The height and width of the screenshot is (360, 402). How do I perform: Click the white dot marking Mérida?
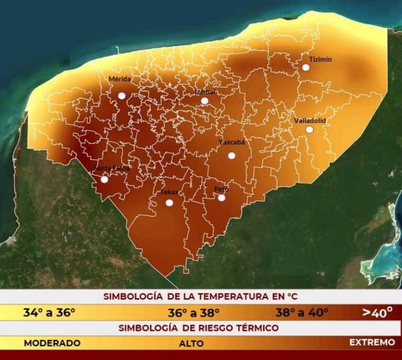click(x=121, y=96)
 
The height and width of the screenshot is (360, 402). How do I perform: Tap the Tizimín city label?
click(x=320, y=59)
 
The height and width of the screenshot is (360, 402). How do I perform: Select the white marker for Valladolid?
click(x=309, y=129)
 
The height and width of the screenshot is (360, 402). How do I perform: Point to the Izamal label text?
click(x=205, y=92)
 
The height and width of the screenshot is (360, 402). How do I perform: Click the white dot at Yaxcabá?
click(x=231, y=155)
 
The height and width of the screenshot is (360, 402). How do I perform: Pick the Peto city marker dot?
click(x=221, y=198)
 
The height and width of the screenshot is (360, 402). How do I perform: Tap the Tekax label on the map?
click(x=169, y=193)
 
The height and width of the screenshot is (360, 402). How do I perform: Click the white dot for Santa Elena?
click(x=104, y=179)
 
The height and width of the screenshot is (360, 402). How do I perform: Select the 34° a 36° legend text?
click(x=49, y=312)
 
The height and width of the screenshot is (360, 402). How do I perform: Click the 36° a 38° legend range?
click(x=193, y=312)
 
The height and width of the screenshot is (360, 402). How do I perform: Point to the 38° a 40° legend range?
click(x=302, y=312)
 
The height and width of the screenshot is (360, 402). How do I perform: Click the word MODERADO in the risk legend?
click(x=52, y=343)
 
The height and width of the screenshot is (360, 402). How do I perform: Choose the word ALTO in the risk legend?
click(x=191, y=344)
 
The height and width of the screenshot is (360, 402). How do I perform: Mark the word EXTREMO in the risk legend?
click(x=372, y=343)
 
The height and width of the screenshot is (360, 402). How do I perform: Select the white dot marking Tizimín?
click(x=306, y=67)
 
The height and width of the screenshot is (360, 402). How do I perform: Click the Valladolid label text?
click(x=310, y=120)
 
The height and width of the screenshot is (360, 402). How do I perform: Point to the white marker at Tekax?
click(x=169, y=203)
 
